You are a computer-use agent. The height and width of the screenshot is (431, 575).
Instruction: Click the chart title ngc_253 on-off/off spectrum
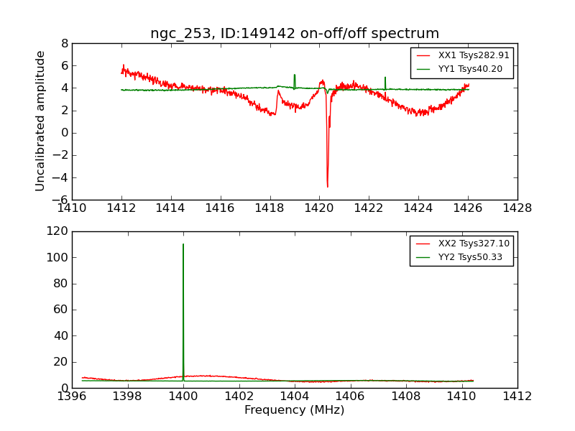(295, 34)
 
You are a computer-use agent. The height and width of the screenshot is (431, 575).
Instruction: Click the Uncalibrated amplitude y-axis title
(41, 121)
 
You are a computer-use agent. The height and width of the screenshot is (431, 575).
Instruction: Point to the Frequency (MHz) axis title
(295, 410)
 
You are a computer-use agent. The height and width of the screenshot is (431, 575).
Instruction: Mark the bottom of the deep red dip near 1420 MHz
(327, 187)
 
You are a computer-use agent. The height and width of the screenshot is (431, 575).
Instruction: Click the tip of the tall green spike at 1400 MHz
(183, 244)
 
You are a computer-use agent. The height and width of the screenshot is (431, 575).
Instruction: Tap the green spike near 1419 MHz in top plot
(294, 75)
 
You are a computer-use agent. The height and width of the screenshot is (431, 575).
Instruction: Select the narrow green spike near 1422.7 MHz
(385, 78)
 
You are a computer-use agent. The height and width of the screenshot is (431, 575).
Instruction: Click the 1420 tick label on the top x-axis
(319, 208)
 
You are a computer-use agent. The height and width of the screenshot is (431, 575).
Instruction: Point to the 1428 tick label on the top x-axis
(517, 208)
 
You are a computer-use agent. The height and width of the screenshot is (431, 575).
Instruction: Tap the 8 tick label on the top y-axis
(64, 44)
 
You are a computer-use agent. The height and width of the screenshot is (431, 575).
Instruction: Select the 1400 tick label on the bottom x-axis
(183, 396)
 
